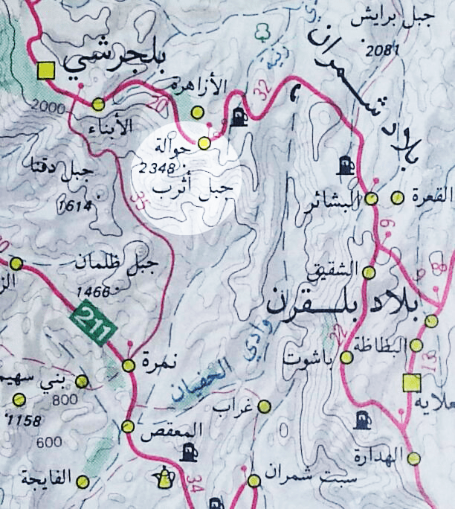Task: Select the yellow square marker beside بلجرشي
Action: click(x=46, y=71)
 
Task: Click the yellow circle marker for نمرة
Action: click(x=128, y=365)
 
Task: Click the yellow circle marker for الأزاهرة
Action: click(x=197, y=112)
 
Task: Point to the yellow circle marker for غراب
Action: click(x=264, y=406)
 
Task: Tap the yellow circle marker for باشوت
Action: click(x=346, y=358)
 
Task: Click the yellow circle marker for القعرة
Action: click(x=398, y=197)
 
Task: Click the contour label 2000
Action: click(x=45, y=109)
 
